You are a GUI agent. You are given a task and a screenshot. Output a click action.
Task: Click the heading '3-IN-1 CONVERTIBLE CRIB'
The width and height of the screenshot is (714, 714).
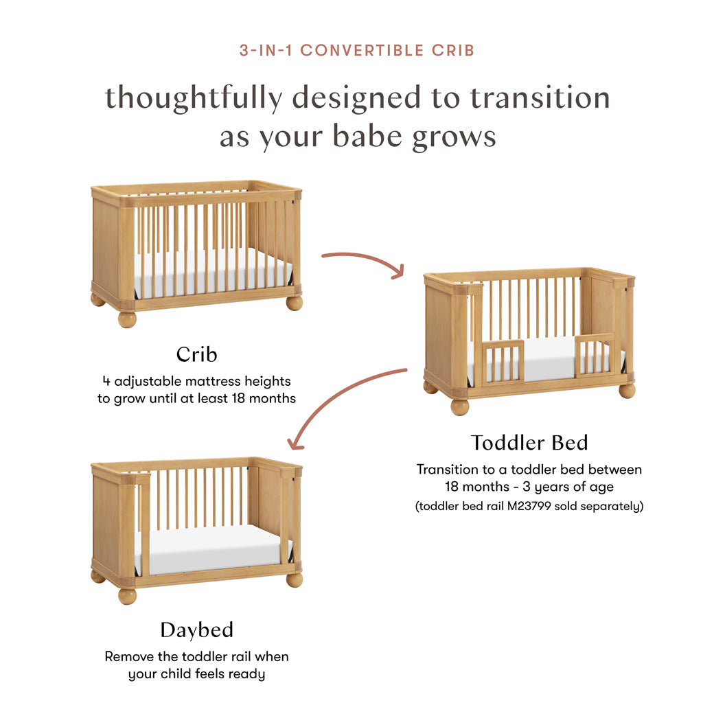coord(357,50)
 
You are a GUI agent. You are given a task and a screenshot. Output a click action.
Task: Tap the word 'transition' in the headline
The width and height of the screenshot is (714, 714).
coord(540,97)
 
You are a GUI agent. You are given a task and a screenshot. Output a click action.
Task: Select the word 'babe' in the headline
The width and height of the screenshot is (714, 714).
coord(369,137)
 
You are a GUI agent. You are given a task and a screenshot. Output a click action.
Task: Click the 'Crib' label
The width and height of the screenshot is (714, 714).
coord(196,354)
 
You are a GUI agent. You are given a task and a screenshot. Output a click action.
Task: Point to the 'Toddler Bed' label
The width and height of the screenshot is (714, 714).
coord(529,443)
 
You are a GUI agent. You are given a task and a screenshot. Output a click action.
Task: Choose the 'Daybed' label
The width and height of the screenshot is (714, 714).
coord(196,630)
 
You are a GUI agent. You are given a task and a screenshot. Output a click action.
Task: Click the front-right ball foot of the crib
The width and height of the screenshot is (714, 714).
coord(295,303)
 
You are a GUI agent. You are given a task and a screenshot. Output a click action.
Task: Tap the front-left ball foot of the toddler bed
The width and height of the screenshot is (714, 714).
coord(459,406)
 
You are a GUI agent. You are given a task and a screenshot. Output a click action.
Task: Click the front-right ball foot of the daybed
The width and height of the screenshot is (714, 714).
coord(295,579)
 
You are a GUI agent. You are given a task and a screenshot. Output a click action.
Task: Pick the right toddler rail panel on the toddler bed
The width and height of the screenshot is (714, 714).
coord(595,355)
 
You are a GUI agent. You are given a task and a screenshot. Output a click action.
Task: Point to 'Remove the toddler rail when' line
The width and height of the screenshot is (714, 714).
coord(196,656)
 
